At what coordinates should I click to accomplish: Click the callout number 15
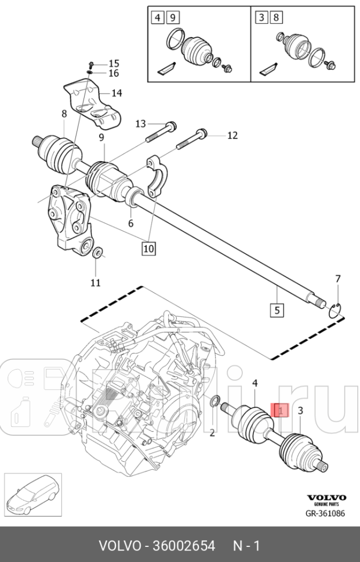coord(113,63)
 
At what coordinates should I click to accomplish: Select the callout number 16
coord(113,74)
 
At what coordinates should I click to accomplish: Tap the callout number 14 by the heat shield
coord(117,93)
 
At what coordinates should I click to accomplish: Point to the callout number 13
coord(141,123)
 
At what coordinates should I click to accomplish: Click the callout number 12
coord(232,136)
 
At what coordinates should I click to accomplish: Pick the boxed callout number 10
coord(148,249)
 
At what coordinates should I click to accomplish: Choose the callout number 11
coord(96,282)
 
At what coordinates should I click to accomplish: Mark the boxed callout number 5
coord(277,310)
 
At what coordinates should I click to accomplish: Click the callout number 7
coord(339,280)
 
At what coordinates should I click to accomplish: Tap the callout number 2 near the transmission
coord(212,432)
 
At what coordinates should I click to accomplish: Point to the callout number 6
coord(130,223)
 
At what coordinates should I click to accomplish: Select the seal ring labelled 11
coord(97,252)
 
